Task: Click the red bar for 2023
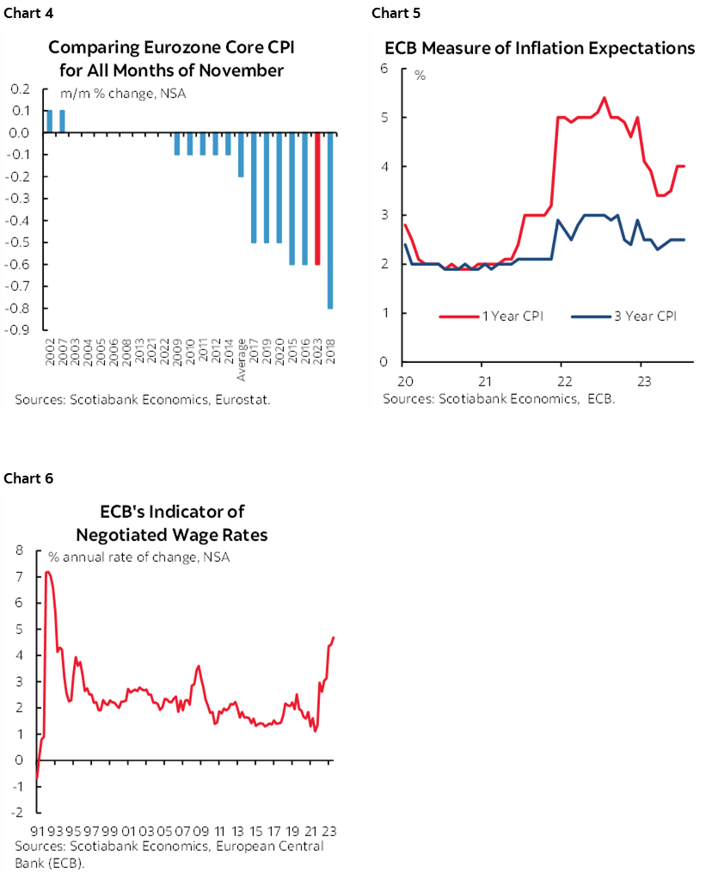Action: click(316, 199)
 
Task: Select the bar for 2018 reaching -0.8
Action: click(330, 220)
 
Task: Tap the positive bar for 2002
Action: click(49, 121)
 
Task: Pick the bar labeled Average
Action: click(241, 155)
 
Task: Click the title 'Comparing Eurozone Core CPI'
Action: click(171, 47)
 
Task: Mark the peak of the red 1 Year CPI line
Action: click(604, 98)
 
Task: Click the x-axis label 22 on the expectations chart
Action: click(561, 380)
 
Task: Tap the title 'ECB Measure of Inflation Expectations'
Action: click(539, 48)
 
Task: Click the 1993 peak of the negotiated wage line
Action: click(48, 572)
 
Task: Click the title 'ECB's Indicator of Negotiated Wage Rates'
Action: click(171, 523)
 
